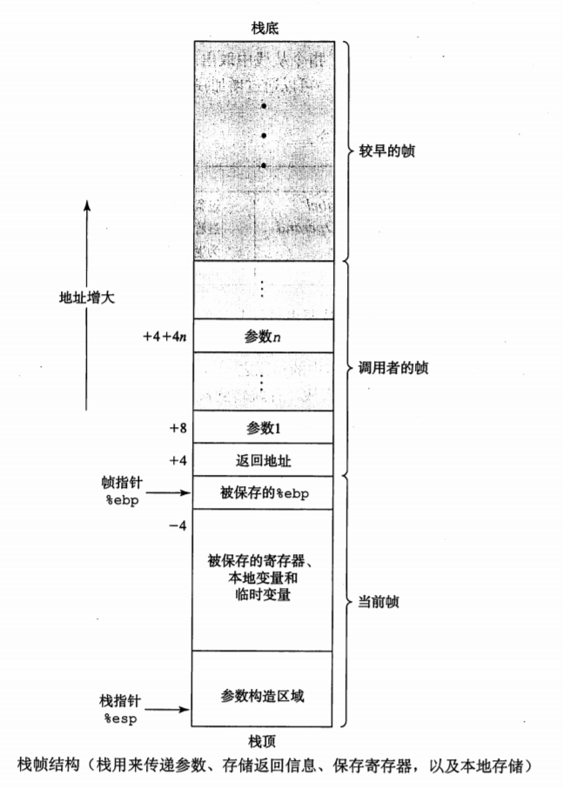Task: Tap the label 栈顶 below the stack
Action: [x=263, y=741]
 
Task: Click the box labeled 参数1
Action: [x=263, y=428]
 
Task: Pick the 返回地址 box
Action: [x=263, y=457]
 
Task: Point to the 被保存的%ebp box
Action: [x=263, y=493]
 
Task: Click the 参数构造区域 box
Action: [x=263, y=697]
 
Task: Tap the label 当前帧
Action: [x=380, y=602]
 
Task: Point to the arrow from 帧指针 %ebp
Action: [x=171, y=492]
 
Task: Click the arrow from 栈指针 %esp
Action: [x=171, y=710]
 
